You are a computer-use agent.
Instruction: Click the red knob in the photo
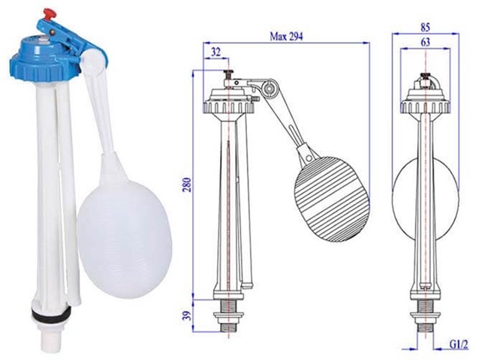coord(52,14)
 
